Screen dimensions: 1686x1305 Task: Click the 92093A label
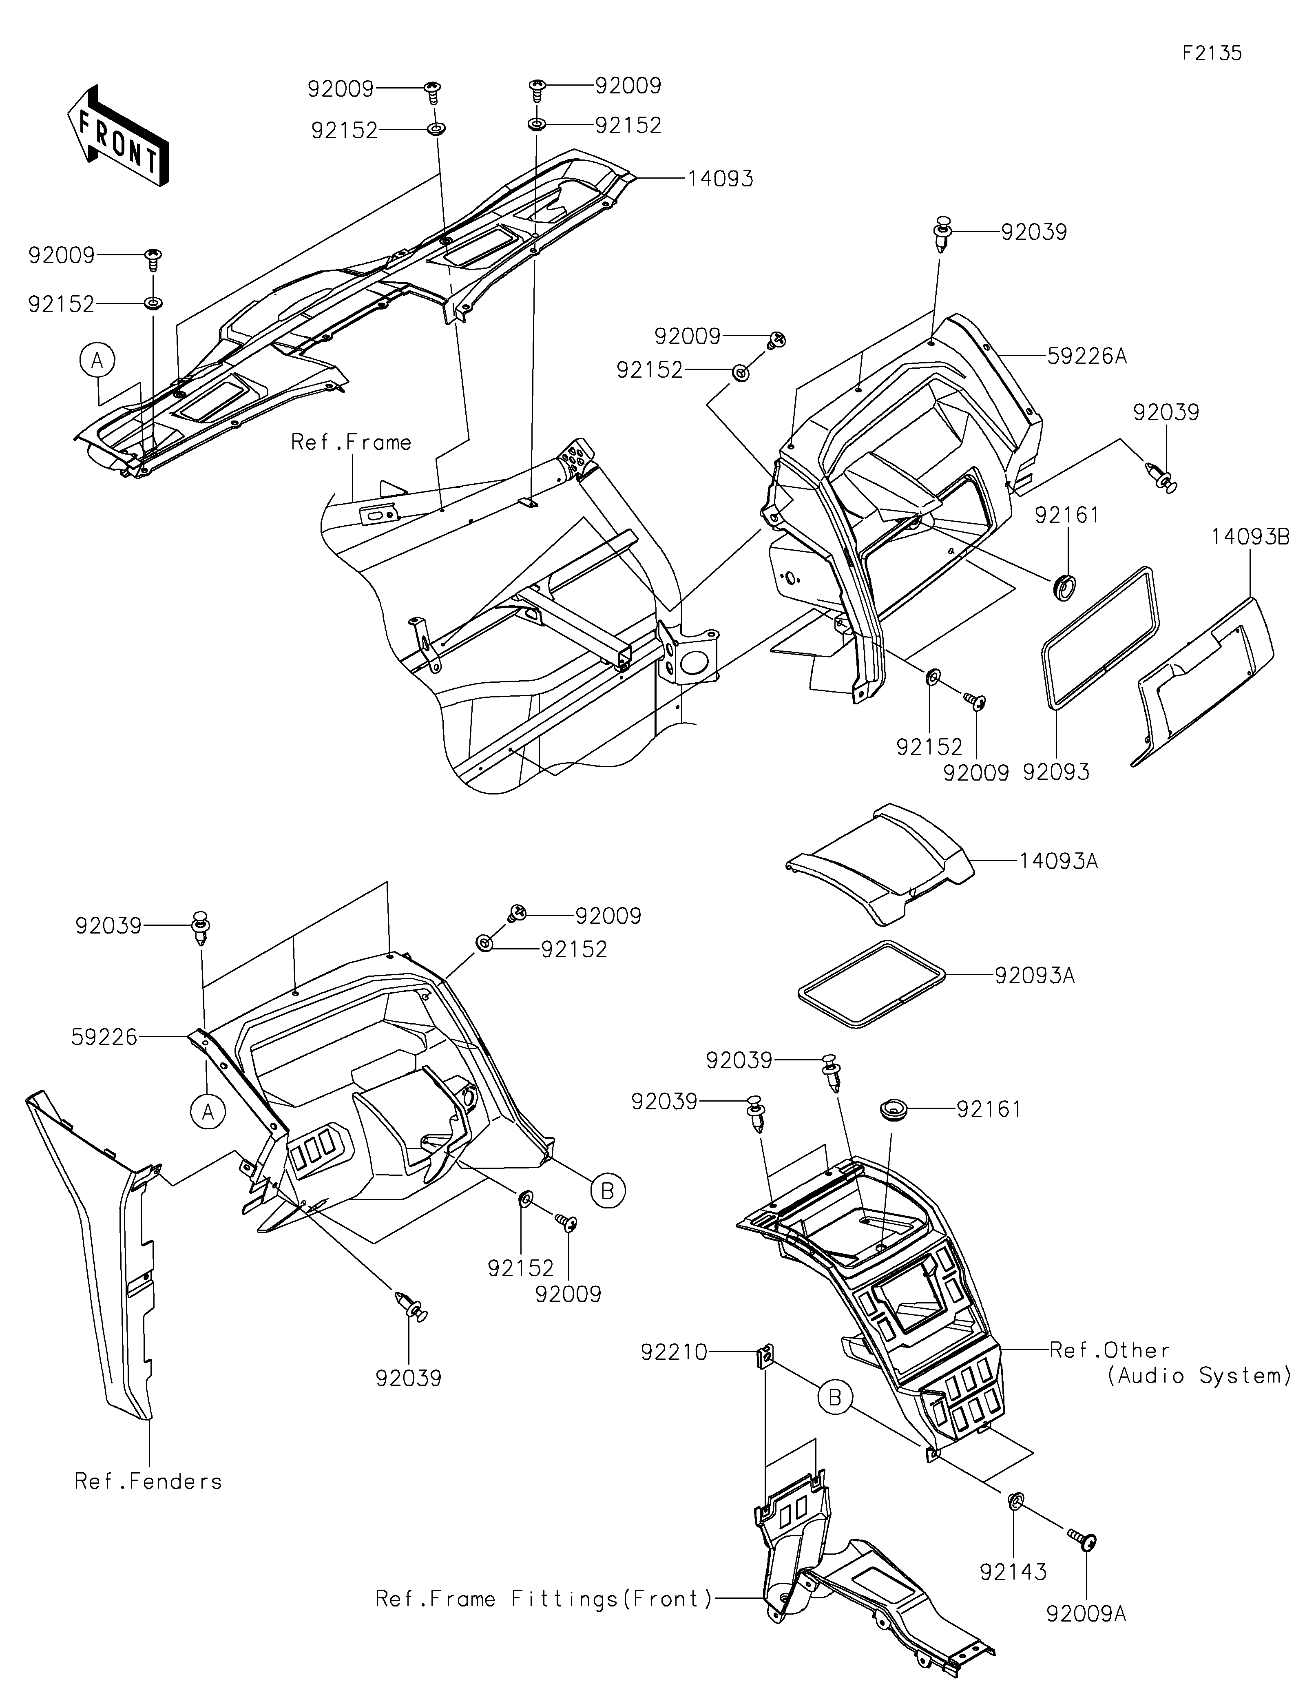pyautogui.click(x=1034, y=976)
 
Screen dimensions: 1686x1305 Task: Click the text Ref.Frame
pyautogui.click(x=351, y=443)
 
